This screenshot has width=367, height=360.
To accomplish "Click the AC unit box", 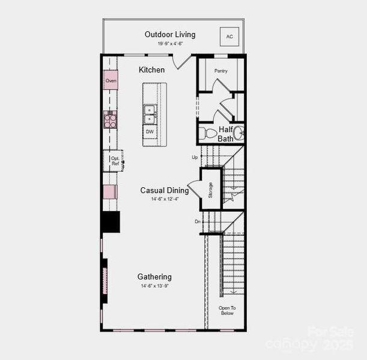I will [229, 37].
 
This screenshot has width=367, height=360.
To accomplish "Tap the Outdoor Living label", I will [170, 34].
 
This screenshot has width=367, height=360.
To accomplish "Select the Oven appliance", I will [111, 80].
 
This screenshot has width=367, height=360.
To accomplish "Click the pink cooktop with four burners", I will [110, 119].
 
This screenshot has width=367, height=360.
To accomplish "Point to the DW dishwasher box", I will [150, 131].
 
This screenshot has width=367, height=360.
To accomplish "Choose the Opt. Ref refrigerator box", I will [114, 160].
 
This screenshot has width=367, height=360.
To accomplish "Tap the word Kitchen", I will [151, 70].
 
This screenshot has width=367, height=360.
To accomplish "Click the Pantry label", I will [220, 71].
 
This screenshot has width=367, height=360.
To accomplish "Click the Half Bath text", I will [226, 134].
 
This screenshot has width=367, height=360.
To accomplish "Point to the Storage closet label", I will [210, 189].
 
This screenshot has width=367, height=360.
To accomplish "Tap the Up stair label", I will [195, 157].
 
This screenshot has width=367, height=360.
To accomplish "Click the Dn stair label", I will [197, 221].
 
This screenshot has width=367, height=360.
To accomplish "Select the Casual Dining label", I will [164, 190].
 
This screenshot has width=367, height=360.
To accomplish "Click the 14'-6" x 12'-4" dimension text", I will [164, 199].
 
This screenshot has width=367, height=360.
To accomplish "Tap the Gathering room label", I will [154, 277].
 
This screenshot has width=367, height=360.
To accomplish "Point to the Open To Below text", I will [226, 310].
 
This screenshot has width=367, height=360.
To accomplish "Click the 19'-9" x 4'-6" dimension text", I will [170, 44].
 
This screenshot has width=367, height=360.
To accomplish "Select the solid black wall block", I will [111, 221].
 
